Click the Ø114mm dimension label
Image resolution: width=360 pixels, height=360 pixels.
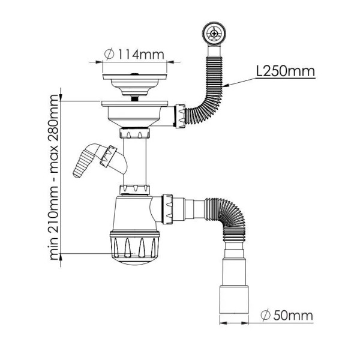click(134, 55)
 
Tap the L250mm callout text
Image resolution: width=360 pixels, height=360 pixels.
click(286, 71)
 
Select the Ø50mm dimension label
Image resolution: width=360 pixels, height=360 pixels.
click(287, 316)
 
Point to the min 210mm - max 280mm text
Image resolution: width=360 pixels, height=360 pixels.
click(54, 178)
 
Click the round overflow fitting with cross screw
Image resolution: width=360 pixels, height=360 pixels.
click(214, 33)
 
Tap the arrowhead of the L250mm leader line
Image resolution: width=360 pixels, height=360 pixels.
click(226, 86)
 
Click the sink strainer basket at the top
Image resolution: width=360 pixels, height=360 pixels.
click(134, 84)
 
